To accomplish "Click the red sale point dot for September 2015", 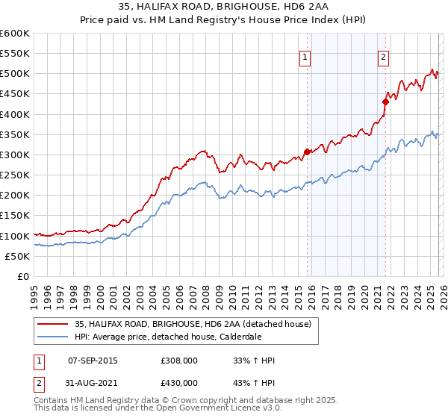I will point(307,152).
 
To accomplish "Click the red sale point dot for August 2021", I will point(386,102).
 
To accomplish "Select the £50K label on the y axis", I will point(17,256).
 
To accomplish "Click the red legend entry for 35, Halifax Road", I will point(197,323).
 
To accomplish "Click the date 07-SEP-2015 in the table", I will point(93,361).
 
